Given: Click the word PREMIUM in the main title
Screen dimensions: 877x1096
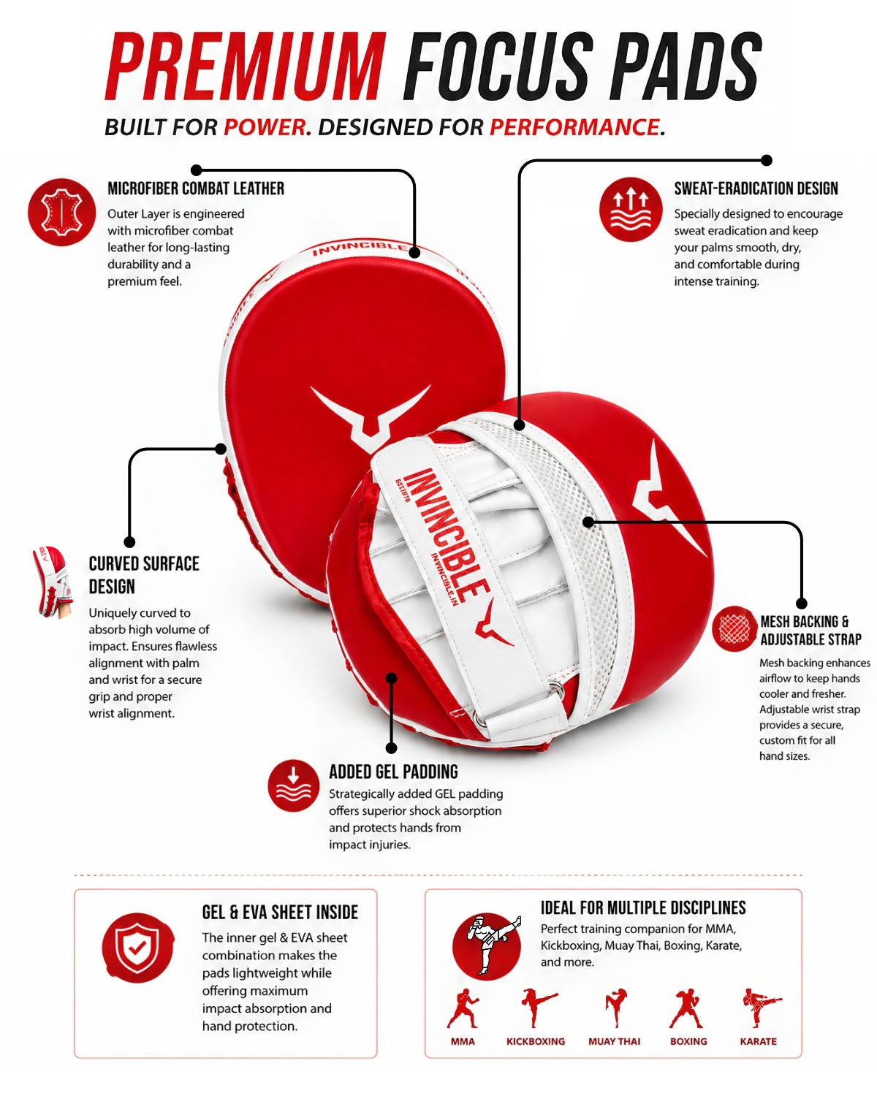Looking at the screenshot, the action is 246,66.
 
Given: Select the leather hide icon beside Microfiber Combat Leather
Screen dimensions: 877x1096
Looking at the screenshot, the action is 61,212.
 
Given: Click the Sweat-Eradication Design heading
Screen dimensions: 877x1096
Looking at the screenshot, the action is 756,189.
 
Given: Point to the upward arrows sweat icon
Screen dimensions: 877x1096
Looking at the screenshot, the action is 631,209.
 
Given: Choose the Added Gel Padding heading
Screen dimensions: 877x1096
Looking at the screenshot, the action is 393,772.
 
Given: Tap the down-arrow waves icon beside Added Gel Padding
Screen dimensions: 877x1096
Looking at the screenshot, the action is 293,786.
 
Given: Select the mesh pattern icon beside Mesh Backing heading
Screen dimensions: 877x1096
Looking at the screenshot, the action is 734,628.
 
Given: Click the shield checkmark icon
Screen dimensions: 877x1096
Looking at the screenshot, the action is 137,947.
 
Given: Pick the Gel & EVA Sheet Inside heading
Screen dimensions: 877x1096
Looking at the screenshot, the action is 280,912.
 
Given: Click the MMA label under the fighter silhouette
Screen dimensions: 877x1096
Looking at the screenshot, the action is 463,1041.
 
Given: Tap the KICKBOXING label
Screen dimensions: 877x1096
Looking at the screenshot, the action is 536,1041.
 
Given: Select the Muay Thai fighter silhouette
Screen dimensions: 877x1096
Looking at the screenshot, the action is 615,1008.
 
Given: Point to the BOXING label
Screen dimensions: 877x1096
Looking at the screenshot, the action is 688,1041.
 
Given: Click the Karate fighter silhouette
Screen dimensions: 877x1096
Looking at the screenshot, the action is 760,1008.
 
